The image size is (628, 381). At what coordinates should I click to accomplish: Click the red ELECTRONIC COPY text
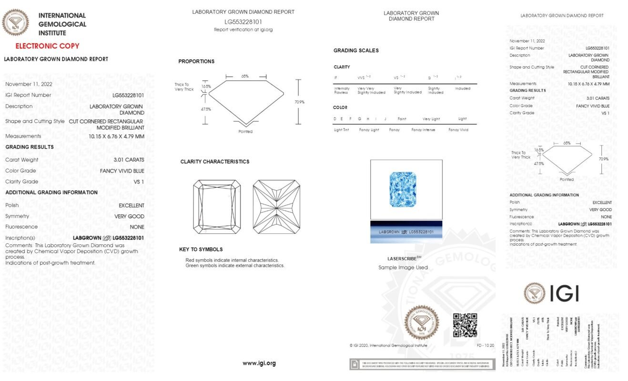47,46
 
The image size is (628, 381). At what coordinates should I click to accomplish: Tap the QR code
465,325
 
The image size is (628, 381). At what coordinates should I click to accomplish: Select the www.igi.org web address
259,363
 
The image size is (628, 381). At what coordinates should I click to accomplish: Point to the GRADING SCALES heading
356,50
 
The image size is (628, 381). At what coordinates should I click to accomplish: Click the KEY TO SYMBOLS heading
201,250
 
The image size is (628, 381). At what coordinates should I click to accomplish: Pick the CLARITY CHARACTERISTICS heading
214,162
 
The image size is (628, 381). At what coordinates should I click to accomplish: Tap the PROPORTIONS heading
196,61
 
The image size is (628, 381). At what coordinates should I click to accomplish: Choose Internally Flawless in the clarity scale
342,90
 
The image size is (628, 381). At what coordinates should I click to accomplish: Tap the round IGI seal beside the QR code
421,322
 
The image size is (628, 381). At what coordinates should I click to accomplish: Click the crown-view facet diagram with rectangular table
217,207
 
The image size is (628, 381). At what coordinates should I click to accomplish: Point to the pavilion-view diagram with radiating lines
276,207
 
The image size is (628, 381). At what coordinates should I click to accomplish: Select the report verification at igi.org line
243,30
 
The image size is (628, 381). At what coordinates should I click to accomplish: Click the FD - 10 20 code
485,345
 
